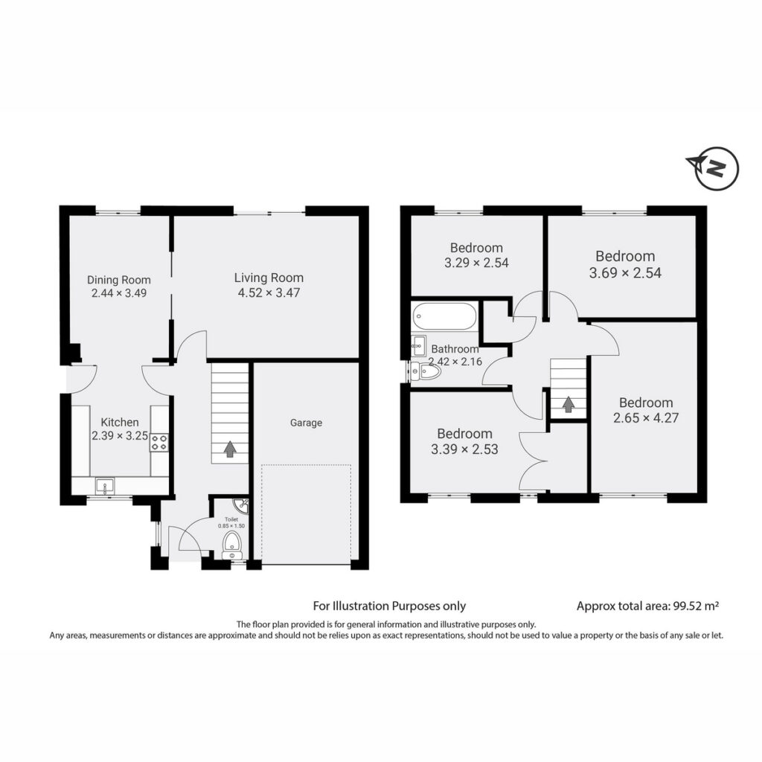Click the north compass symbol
(714, 168)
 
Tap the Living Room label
(269, 278)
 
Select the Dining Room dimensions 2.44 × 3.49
(119, 293)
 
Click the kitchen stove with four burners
(159, 442)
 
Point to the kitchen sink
(105, 485)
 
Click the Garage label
(306, 423)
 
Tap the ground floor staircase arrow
(229, 449)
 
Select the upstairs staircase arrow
(568, 404)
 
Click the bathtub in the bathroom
(445, 317)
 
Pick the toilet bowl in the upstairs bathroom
(426, 372)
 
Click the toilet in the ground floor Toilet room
(231, 545)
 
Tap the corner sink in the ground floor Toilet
(242, 505)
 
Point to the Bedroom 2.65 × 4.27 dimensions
(646, 418)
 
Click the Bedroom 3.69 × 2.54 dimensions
(625, 272)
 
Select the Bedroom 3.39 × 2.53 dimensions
(464, 449)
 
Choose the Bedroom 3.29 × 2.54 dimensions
(476, 263)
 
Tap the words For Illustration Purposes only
(389, 606)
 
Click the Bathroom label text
(455, 349)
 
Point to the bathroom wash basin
(418, 346)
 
